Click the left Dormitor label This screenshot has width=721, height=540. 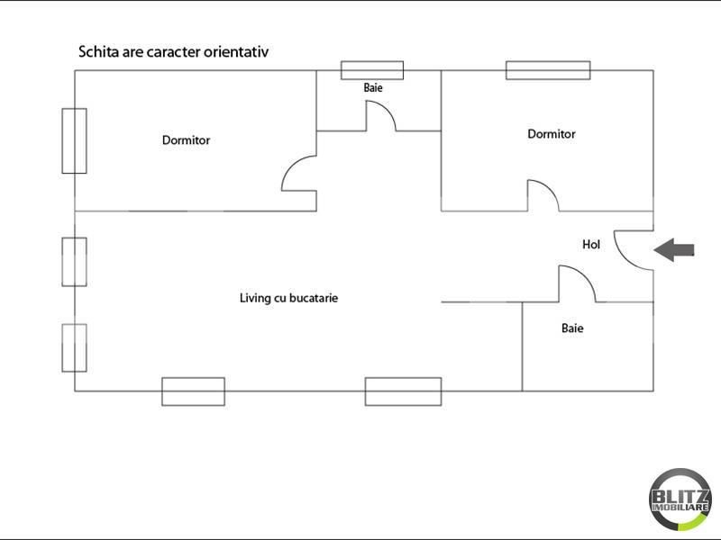tap(186, 140)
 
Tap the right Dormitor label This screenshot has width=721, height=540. tap(552, 134)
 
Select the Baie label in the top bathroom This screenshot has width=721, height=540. tap(373, 88)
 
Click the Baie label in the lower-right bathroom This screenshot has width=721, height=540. tap(572, 328)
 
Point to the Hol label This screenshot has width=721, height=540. tap(591, 244)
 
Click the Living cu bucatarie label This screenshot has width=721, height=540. tap(288, 298)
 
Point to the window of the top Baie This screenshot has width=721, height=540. tap(371, 70)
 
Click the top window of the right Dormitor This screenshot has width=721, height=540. tap(548, 70)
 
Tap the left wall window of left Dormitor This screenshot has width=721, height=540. tap(74, 140)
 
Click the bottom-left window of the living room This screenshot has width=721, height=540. tap(193, 391)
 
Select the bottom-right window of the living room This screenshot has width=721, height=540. tap(403, 391)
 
